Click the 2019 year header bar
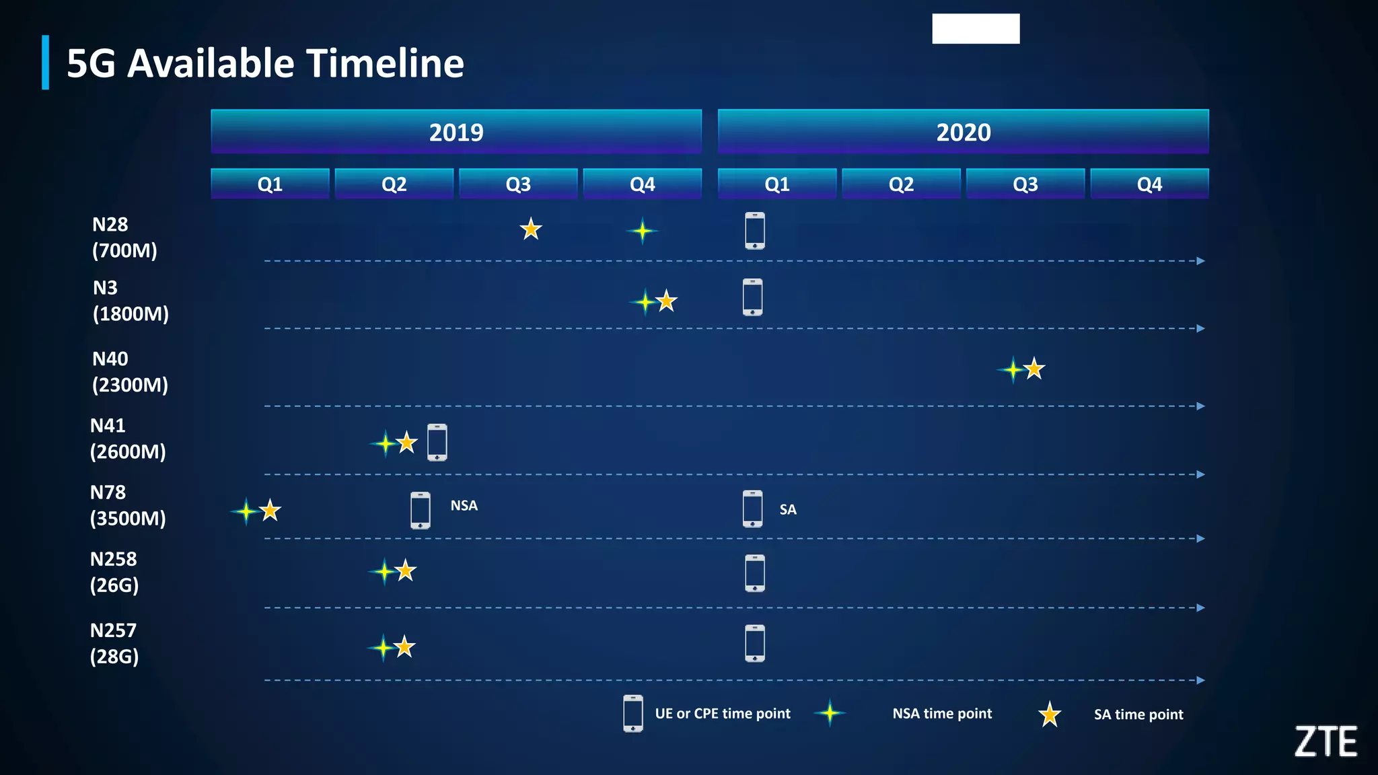click(456, 132)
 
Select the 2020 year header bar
click(963, 132)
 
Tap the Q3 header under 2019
click(518, 184)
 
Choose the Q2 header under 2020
click(901, 184)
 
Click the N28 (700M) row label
click(124, 237)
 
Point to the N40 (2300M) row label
click(129, 372)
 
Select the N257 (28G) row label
click(114, 643)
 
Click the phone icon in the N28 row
click(755, 231)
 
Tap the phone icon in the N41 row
click(437, 443)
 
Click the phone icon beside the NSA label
click(421, 510)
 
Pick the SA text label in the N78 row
click(788, 510)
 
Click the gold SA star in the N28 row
click(531, 229)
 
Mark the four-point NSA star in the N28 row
click(643, 231)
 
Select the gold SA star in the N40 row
click(1034, 369)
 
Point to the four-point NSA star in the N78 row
click(246, 512)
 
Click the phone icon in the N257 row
click(755, 643)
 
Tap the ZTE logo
click(1326, 741)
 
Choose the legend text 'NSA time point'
click(942, 714)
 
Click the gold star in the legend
click(1049, 714)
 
